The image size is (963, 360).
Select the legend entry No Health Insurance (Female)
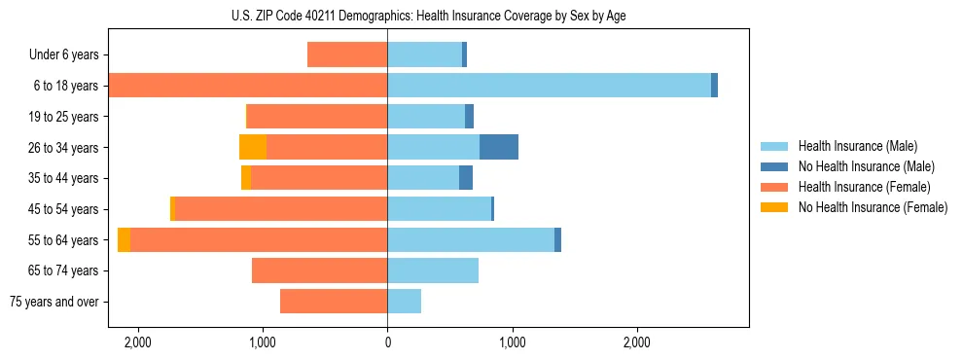[x=873, y=207]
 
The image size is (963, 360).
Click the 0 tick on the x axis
[x=387, y=342]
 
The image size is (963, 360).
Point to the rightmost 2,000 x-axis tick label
[x=636, y=342]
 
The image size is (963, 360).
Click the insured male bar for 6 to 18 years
[x=549, y=86]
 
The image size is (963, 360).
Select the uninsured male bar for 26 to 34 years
[x=499, y=147]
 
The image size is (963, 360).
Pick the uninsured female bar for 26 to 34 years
[x=253, y=147]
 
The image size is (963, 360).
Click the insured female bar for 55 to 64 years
[x=259, y=240]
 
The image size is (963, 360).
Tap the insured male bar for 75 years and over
[x=404, y=302]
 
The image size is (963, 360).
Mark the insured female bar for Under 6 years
[x=347, y=54]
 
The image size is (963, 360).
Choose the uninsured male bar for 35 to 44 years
[x=466, y=178]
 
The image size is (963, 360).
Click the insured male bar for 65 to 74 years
[x=433, y=270]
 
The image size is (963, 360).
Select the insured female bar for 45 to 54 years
[x=281, y=209]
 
